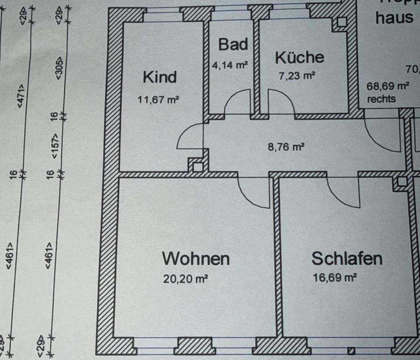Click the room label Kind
coord(160,77)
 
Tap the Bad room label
coord(233,44)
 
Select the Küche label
coord(300,57)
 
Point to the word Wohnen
coord(196,258)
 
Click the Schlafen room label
coord(346,258)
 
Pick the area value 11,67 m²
coord(158,99)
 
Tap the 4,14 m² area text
coord(230,66)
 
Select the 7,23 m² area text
coord(297,75)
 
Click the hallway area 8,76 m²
coord(286,146)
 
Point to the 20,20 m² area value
coord(185,279)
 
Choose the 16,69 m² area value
coord(335,278)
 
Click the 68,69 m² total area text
coord(388,86)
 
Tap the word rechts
coord(381,99)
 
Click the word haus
coord(394,18)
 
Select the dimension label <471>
coord(21,95)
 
